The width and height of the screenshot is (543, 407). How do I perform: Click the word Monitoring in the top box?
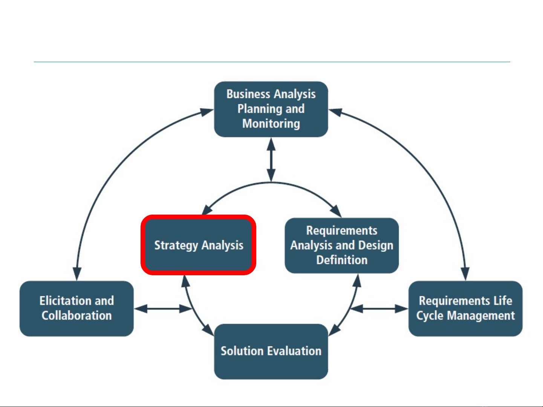(x=271, y=123)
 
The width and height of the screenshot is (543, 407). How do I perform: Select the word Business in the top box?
(x=248, y=94)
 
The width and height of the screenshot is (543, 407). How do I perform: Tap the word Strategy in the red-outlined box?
(x=176, y=245)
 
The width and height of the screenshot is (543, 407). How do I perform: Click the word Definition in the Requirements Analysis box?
(x=342, y=260)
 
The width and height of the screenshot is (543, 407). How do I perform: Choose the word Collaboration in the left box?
(x=77, y=316)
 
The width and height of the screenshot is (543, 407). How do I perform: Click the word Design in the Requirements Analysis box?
(x=376, y=245)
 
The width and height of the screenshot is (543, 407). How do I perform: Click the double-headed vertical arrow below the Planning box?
(x=271, y=160)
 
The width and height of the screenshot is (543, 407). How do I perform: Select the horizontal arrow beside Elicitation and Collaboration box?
(x=163, y=309)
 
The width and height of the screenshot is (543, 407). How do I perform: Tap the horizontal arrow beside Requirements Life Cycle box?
(x=379, y=309)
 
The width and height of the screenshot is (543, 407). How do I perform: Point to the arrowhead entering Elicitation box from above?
(x=77, y=274)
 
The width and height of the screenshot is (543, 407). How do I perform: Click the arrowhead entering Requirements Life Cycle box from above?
(x=465, y=274)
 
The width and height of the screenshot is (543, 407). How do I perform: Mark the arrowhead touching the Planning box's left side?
(x=207, y=112)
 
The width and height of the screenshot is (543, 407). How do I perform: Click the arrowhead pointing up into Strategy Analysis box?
(x=185, y=281)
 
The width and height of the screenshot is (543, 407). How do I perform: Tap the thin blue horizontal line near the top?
(x=272, y=62)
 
